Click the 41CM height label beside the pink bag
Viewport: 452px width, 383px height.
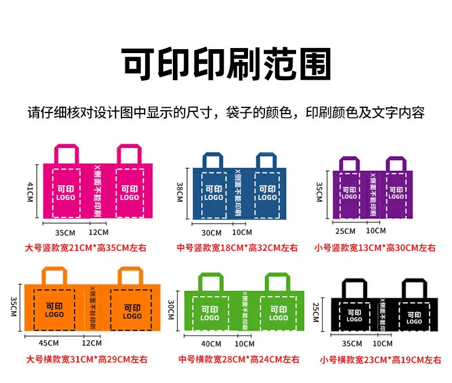pos(31,192)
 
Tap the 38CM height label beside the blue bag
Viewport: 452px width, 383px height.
pos(180,192)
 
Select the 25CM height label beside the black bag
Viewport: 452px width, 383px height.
pos(316,312)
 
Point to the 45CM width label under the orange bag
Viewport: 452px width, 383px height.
pos(49,343)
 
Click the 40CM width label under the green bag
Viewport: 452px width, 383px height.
pos(211,344)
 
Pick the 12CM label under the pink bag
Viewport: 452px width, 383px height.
pos(98,232)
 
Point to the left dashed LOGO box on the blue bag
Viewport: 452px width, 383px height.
pos(214,195)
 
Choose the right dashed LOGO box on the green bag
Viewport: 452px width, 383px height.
pos(279,314)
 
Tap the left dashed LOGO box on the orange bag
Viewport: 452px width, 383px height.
pos(54,310)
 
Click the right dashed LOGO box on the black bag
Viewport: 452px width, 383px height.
pos(414,317)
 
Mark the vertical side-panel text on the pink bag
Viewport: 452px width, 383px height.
pos(97,191)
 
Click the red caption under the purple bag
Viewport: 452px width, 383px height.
pos(375,247)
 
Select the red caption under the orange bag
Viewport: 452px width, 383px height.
pos(86,359)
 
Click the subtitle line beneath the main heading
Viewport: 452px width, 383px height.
pos(226,112)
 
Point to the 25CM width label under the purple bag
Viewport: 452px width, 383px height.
pos(345,231)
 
